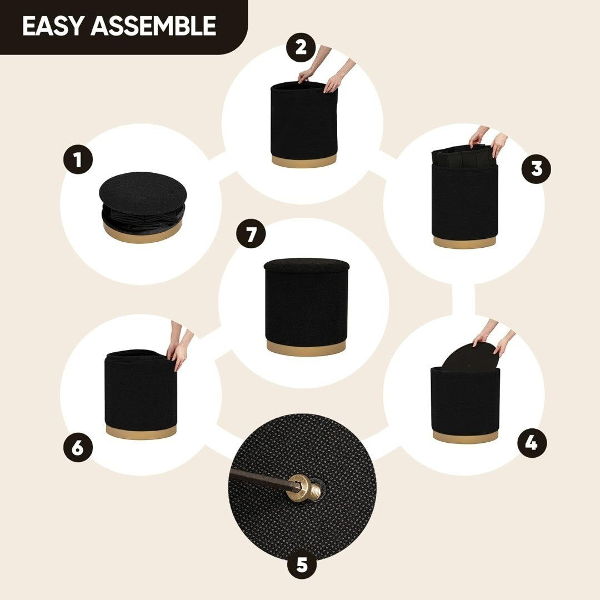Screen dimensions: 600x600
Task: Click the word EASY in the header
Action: coord(52,26)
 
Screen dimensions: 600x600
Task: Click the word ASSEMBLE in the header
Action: coord(153,26)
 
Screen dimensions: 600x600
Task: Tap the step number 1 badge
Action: coord(78,159)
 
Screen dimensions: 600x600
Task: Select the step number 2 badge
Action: coord(301,47)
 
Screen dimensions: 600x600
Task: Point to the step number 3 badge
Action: coord(537,169)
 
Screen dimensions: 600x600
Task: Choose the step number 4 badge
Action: coord(532,443)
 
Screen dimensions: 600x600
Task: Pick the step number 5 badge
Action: coord(302,564)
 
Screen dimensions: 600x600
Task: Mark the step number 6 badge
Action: coord(78,447)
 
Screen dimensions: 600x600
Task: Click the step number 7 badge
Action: coord(251,233)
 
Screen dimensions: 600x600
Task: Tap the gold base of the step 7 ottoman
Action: coord(306,348)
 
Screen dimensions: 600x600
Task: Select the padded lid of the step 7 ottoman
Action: coord(307,266)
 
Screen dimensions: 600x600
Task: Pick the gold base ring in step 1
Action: coord(142,232)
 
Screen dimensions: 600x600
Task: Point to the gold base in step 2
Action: coord(304,161)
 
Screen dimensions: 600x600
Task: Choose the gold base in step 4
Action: coord(465,436)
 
